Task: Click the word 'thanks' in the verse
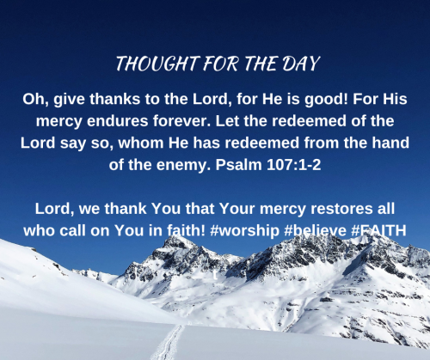click(x=115, y=99)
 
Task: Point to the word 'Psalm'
click(x=238, y=164)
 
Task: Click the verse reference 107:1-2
click(x=294, y=165)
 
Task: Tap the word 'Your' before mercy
click(x=236, y=209)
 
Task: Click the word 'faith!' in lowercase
click(x=186, y=230)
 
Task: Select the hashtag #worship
click(x=245, y=231)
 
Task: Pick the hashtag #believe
click(x=316, y=230)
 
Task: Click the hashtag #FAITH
click(x=378, y=230)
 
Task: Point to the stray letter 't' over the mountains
click(x=215, y=275)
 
